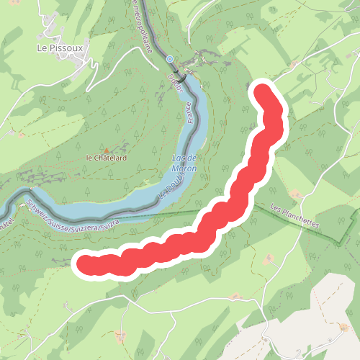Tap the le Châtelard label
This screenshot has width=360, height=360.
coord(106,158)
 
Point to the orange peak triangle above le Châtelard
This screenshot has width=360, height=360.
coord(107,150)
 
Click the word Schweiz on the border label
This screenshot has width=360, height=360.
coord(38,207)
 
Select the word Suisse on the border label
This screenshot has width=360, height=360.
coord(60,212)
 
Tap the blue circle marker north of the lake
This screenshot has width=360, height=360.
coord(169,59)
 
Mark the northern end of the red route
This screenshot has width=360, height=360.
coord(264,94)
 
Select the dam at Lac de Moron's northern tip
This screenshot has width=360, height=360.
coord(186,76)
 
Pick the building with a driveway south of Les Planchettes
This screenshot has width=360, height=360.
coord(269,257)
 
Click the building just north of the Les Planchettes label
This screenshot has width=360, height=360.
coord(295,194)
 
